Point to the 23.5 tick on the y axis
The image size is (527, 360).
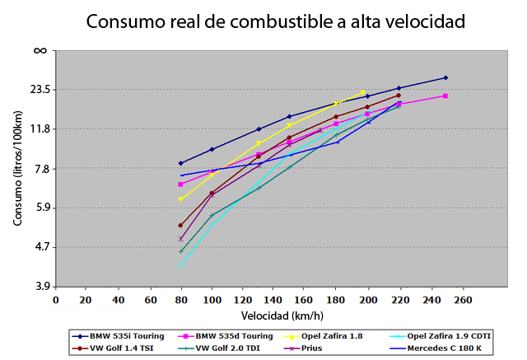(x=40, y=89)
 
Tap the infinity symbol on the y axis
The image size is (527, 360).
(x=40, y=50)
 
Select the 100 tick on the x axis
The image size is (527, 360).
(x=212, y=300)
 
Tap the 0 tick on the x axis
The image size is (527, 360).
(x=55, y=300)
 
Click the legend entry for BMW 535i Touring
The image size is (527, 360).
(x=124, y=336)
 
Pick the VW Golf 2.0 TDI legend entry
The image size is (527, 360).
(x=226, y=348)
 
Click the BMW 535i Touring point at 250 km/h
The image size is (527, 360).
(x=445, y=77)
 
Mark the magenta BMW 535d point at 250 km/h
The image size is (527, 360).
(x=445, y=96)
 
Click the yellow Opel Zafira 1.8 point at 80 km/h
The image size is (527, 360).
(x=180, y=199)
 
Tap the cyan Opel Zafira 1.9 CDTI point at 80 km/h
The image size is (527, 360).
(x=180, y=264)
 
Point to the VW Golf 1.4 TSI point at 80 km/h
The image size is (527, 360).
(x=180, y=225)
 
